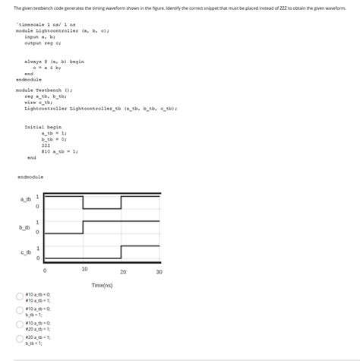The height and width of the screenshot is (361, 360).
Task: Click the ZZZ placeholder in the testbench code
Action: point(45,144)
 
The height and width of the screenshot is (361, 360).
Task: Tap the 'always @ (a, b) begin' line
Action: point(54,61)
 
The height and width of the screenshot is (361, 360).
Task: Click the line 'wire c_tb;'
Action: point(39,102)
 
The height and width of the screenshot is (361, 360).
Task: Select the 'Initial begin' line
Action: point(43,127)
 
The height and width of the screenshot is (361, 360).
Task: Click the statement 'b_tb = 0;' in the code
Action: point(55,139)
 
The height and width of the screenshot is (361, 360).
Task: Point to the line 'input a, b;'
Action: point(38,36)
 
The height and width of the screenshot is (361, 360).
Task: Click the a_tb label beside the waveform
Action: point(25,200)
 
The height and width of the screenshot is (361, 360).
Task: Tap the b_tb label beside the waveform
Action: point(25,227)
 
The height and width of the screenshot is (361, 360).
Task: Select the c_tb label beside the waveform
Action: point(25,252)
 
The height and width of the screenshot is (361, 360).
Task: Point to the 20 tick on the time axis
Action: point(122,271)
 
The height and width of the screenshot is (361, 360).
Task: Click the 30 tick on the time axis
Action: point(159,271)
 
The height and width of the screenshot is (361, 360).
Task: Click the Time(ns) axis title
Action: point(102,285)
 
